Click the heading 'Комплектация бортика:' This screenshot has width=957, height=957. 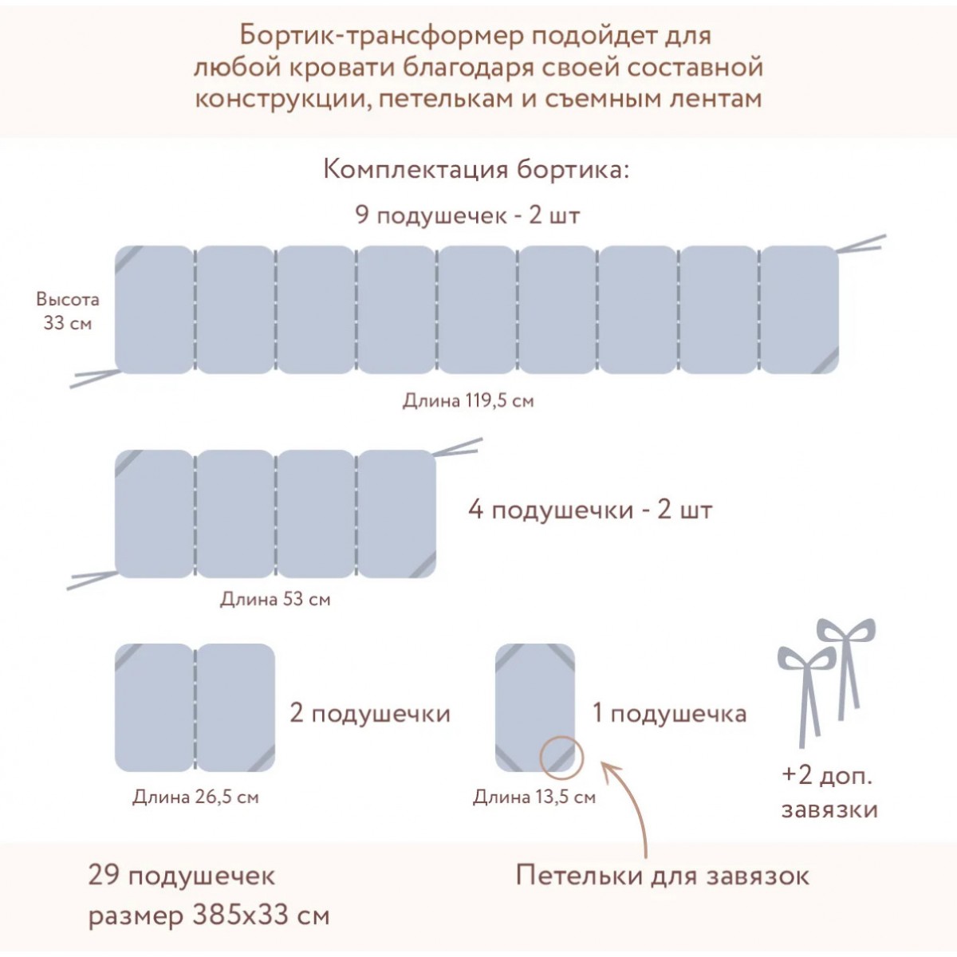[x=476, y=170]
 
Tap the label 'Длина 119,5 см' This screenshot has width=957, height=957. [x=468, y=400]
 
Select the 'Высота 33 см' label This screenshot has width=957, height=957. [x=68, y=311]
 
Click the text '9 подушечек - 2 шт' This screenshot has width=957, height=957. [x=467, y=215]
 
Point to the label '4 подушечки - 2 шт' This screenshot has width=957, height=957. [x=590, y=510]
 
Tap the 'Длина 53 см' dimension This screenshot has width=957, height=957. [x=275, y=599]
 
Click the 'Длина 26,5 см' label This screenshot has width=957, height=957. [x=195, y=797]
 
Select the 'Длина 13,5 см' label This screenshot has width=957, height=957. [x=534, y=797]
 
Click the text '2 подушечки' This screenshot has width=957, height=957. [x=370, y=714]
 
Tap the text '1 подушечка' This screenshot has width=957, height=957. [x=669, y=714]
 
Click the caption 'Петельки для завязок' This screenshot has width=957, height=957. [x=663, y=888]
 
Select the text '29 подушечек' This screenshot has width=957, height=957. [x=181, y=888]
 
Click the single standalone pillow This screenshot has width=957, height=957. [x=535, y=707]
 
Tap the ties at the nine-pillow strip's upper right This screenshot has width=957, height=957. [x=861, y=243]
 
